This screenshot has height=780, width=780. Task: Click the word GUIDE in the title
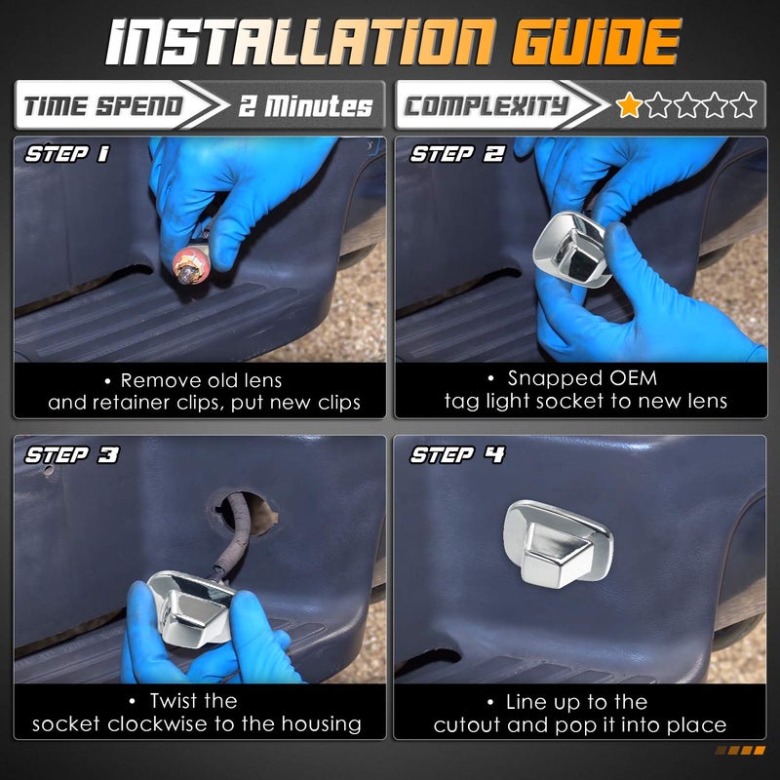point(596,42)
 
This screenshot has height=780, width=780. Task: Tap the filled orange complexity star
point(629,105)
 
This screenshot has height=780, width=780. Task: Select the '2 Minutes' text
point(305,106)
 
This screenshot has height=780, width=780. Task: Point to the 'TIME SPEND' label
point(103,106)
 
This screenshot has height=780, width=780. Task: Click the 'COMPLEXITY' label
point(486,106)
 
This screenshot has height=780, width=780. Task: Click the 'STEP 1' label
point(67,154)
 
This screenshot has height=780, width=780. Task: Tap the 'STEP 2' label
point(456,154)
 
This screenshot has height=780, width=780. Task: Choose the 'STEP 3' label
point(71,454)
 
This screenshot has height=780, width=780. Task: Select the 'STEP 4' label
point(457,454)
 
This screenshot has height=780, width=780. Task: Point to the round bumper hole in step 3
point(243,513)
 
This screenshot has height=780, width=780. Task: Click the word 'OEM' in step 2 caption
point(633,378)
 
